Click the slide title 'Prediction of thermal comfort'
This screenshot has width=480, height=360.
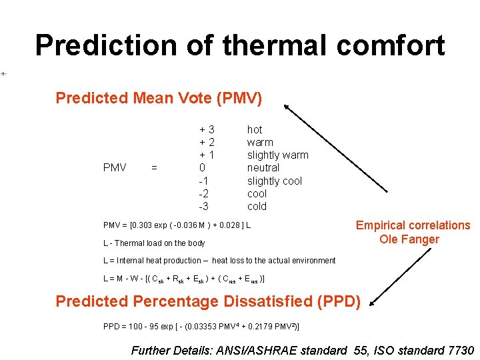(239, 45)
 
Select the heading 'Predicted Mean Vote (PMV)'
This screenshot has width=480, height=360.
(159, 99)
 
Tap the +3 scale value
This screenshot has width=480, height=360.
(207, 129)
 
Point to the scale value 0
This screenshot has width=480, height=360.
(203, 168)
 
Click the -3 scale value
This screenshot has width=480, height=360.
(204, 207)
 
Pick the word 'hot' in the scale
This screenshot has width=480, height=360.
(255, 129)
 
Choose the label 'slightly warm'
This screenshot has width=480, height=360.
(277, 155)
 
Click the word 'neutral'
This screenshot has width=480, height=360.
(263, 168)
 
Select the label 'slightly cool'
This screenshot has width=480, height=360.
(274, 181)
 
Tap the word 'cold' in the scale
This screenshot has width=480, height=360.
(257, 207)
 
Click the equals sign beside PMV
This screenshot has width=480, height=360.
(154, 168)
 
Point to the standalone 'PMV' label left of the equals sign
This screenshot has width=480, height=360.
(115, 168)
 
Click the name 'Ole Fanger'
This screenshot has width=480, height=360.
(409, 239)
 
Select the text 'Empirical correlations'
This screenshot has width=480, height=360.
(413, 225)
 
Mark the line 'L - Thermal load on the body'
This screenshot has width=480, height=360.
(154, 243)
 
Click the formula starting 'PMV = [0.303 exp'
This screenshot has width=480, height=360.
(177, 225)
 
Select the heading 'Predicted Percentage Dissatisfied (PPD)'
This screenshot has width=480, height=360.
(208, 301)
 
